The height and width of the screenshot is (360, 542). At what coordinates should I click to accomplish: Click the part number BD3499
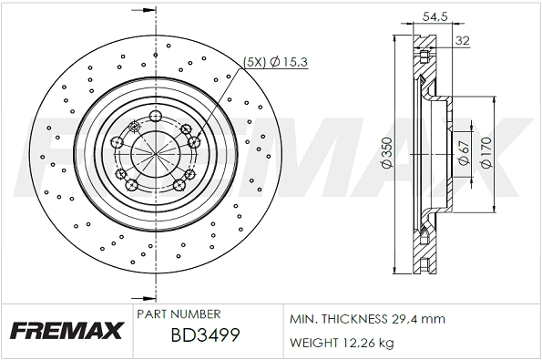pyautogui.click(x=205, y=335)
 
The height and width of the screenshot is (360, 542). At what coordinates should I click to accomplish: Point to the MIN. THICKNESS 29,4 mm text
pyautogui.click(x=366, y=320)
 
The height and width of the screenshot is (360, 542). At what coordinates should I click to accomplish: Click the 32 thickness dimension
pyautogui.click(x=462, y=40)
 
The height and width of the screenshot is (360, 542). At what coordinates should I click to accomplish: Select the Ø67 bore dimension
pyautogui.click(x=462, y=152)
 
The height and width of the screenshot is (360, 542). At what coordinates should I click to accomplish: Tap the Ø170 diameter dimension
pyautogui.click(x=485, y=152)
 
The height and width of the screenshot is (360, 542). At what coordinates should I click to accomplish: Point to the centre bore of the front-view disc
pyautogui.click(x=150, y=151)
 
